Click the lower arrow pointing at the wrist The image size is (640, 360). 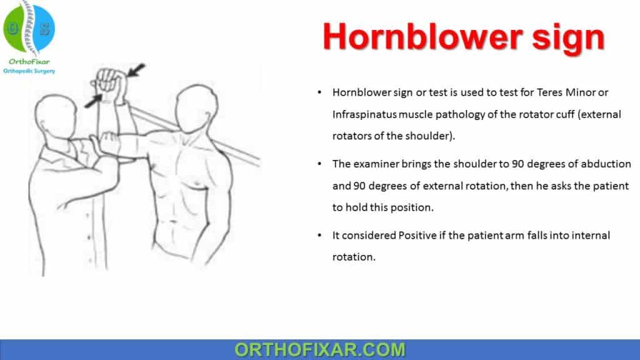[92, 98]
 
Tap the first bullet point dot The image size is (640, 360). [320, 92]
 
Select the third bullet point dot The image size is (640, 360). [320, 236]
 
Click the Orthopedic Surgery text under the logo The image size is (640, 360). [29, 71]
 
